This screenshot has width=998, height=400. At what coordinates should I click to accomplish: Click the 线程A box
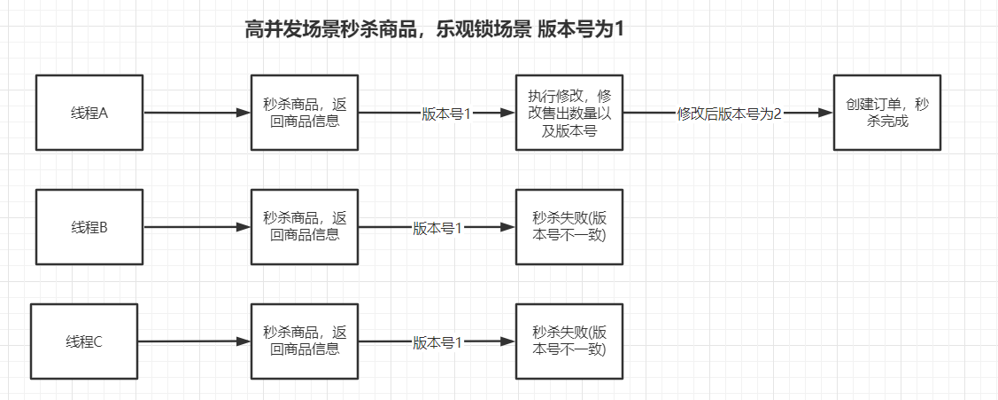click(89, 113)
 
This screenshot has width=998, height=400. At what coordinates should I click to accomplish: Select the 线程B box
click(89, 227)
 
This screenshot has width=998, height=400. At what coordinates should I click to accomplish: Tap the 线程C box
click(84, 341)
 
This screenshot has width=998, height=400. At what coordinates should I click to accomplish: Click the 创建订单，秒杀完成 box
click(886, 113)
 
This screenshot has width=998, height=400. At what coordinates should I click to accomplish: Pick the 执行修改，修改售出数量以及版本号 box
click(569, 113)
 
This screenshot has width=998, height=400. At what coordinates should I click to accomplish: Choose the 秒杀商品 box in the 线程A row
click(305, 113)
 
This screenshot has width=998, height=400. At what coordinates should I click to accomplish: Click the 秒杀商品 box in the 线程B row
click(305, 227)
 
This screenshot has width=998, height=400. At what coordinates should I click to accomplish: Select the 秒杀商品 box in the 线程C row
click(305, 341)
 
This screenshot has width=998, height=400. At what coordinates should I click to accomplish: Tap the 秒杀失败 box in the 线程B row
click(569, 227)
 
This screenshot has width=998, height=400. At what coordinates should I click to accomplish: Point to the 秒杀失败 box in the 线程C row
click(569, 341)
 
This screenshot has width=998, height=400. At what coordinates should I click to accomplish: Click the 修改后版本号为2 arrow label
click(729, 114)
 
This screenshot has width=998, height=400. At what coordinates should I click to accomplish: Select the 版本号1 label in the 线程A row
click(447, 114)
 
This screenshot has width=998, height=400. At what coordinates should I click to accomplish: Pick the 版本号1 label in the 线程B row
click(437, 228)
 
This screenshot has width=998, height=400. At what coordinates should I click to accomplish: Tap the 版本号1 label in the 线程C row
click(437, 342)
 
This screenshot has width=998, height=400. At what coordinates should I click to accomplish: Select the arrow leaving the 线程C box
click(194, 341)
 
